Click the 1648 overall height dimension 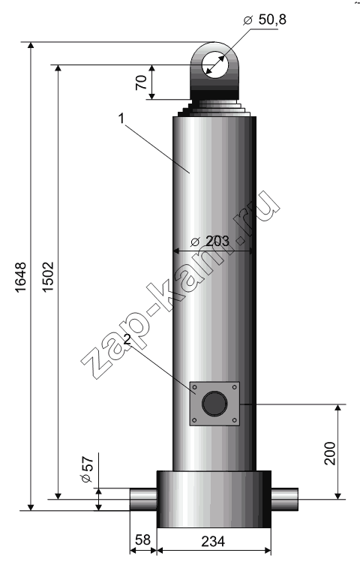click(x=20, y=277)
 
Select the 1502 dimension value click(x=48, y=277)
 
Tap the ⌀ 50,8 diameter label click(x=265, y=20)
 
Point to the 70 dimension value click(x=141, y=82)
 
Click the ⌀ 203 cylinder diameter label click(x=210, y=241)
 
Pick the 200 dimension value click(x=330, y=453)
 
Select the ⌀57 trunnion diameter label click(x=87, y=470)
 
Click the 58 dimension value click(x=142, y=539)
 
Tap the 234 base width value click(x=213, y=541)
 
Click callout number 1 click(x=121, y=119)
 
